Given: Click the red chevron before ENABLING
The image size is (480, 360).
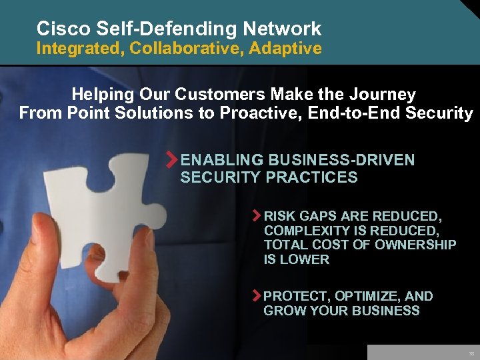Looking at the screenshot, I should click(172, 161).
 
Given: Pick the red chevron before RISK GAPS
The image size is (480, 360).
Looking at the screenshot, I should click(257, 216).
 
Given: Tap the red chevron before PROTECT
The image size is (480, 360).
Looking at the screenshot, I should click(257, 296).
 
